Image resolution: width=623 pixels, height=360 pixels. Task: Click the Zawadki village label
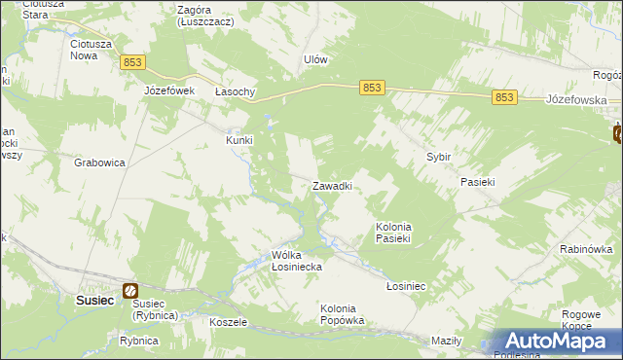[331, 186]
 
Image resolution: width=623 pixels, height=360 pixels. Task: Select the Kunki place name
[239, 140]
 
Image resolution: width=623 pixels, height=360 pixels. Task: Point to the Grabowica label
[99, 163]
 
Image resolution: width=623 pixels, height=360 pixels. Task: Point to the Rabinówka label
[585, 249]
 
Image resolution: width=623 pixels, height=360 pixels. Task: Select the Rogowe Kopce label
[583, 320]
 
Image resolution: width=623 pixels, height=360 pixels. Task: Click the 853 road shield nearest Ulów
[372, 88]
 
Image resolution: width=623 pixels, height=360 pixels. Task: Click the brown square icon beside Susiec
[129, 290]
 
